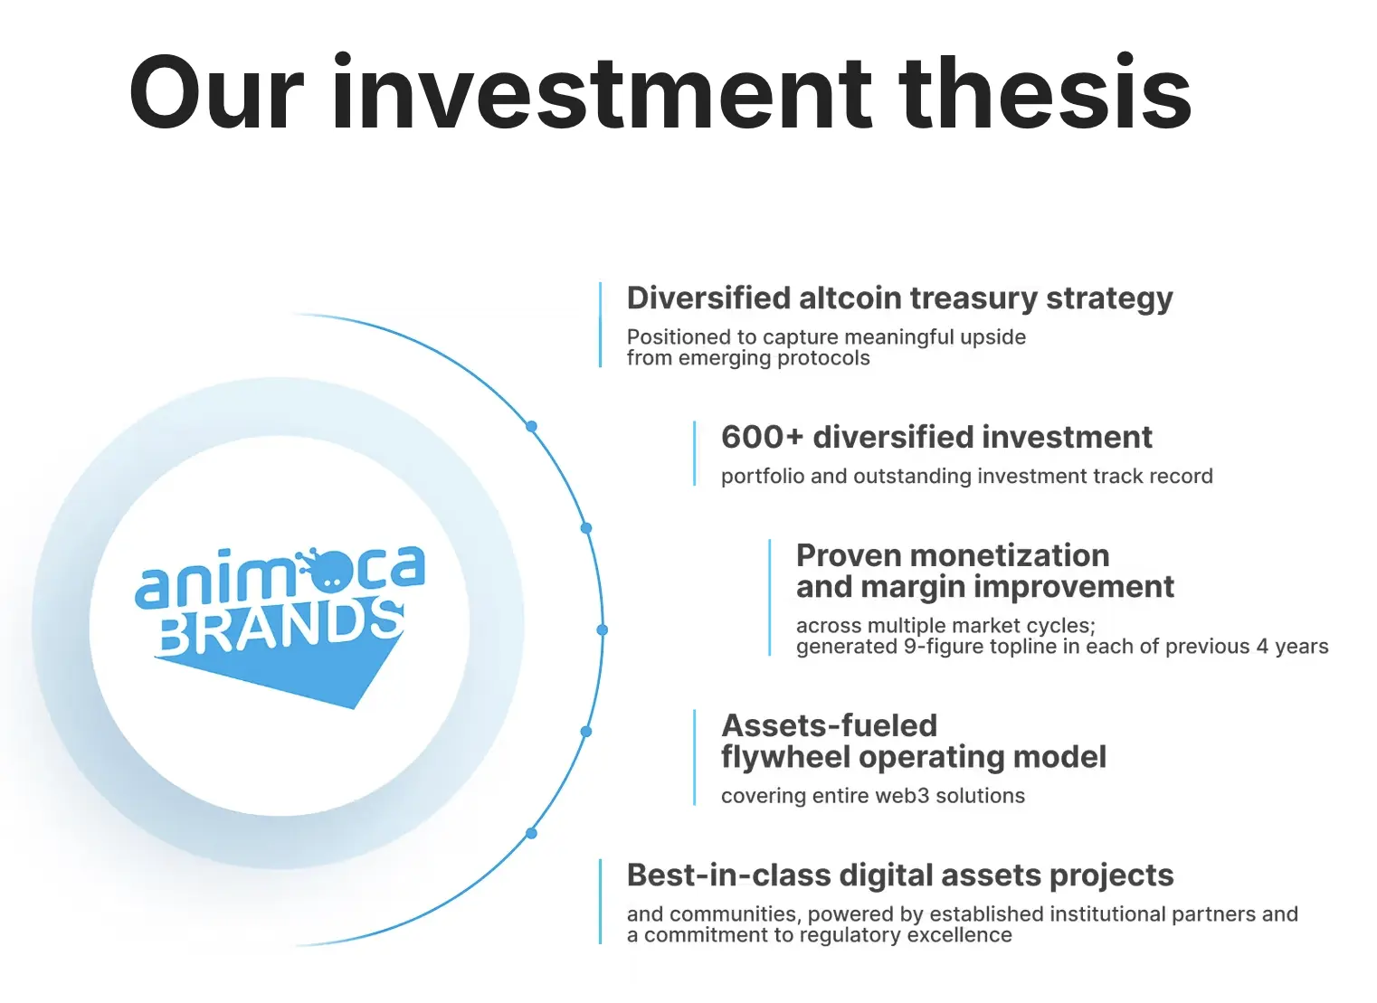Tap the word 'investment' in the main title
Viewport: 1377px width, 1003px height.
click(602, 93)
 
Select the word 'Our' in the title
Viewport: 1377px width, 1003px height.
click(215, 93)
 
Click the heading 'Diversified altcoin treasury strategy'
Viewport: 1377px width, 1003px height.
click(899, 298)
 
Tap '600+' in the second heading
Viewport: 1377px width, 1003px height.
click(761, 437)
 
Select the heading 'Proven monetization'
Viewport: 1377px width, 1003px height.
click(952, 554)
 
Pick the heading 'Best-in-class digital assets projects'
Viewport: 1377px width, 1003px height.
click(899, 875)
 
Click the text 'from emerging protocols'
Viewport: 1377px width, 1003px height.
click(748, 358)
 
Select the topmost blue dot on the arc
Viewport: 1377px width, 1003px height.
click(531, 426)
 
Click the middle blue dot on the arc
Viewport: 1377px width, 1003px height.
click(602, 629)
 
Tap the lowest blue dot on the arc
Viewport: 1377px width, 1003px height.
click(531, 833)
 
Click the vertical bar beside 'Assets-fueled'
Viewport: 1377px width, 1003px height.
click(694, 758)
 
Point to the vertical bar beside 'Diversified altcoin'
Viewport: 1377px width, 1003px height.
click(600, 325)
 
